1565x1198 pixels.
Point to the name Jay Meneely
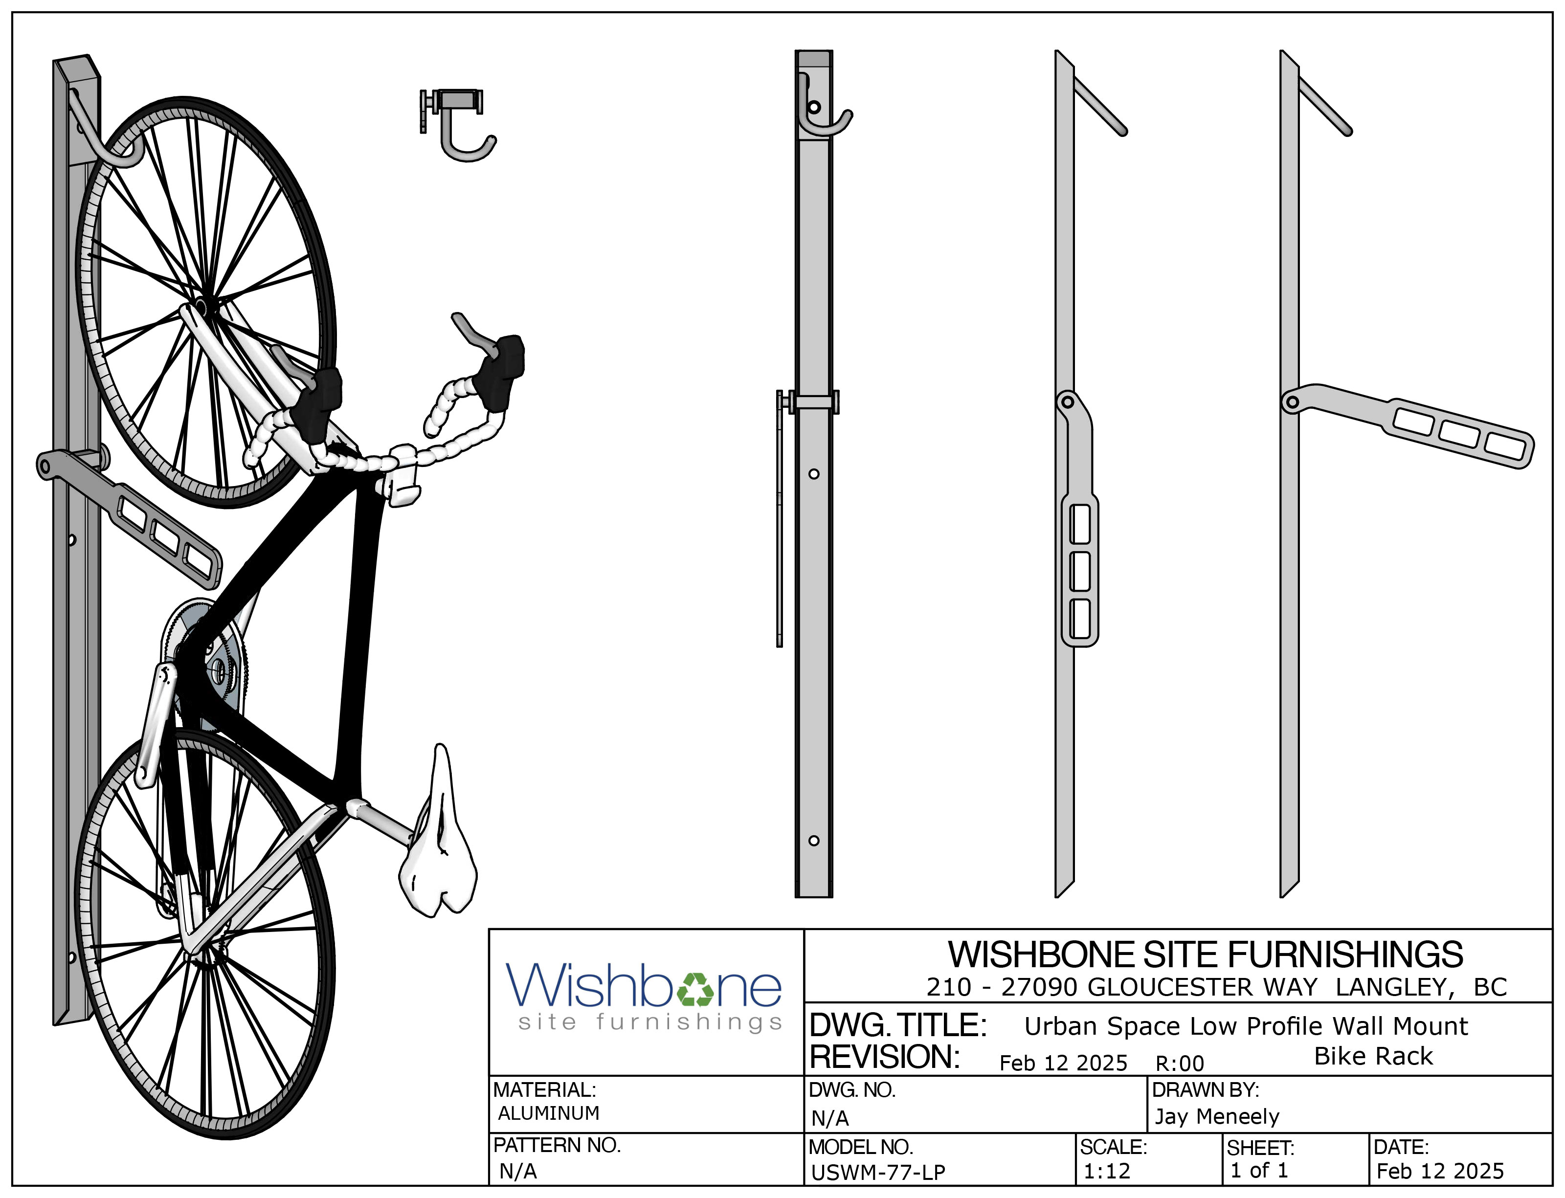click(1216, 1116)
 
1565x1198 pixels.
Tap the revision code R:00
click(1179, 1063)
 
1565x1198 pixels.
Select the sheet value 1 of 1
click(1259, 1170)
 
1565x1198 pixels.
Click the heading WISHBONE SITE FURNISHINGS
click(1205, 954)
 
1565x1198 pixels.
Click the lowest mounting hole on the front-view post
click(814, 841)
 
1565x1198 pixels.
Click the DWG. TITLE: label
click(898, 1025)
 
